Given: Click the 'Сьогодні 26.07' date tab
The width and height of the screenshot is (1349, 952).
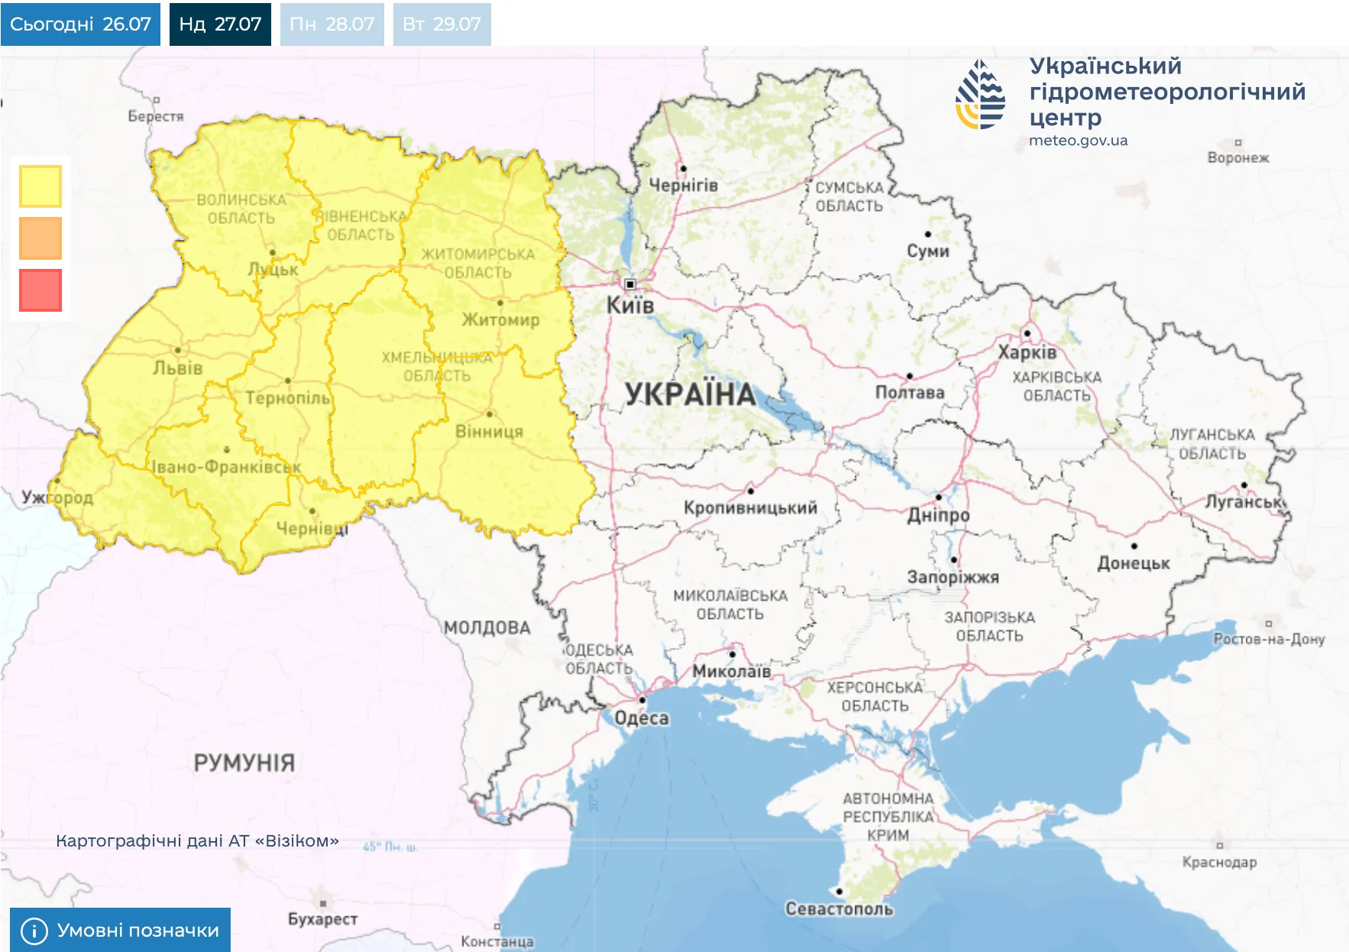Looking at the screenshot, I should pos(80,24).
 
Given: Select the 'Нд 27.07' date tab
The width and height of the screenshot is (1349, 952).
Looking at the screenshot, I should pos(220,24).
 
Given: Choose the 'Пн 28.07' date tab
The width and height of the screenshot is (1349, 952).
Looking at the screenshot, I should pos(332,24).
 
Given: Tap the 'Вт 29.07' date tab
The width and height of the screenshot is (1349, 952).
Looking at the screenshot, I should pos(442,24).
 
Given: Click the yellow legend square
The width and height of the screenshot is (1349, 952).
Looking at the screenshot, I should pos(40,186).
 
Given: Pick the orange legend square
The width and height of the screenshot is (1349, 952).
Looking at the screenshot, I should pos(40,238).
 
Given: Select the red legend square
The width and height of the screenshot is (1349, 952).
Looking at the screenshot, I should pos(40,290).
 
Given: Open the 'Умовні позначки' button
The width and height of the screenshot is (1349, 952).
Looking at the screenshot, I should pos(120,930).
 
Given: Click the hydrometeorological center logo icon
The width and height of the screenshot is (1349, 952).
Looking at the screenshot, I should pos(980,95).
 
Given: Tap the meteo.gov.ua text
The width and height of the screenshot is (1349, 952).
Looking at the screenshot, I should pos(1078,141).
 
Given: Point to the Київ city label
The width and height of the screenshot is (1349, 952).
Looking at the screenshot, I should pos(630,306).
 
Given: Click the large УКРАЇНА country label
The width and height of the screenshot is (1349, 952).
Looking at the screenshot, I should pos(691,395).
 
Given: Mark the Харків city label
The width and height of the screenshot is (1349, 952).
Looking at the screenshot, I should pos(1027,352).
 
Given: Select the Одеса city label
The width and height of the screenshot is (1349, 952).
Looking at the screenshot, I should pos(642,718).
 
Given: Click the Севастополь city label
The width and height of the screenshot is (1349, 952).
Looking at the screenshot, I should pos(839,909).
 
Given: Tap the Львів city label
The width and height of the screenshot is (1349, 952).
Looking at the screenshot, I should pos(178,368).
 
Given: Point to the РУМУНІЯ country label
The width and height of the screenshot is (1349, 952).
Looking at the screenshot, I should pos(244,763).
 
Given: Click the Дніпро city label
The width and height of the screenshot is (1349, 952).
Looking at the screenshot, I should pos(938,515).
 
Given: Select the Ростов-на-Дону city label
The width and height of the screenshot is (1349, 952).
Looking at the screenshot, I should pos(1269,639).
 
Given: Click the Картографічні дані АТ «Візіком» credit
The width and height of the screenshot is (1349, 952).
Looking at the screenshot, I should pos(197,841).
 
